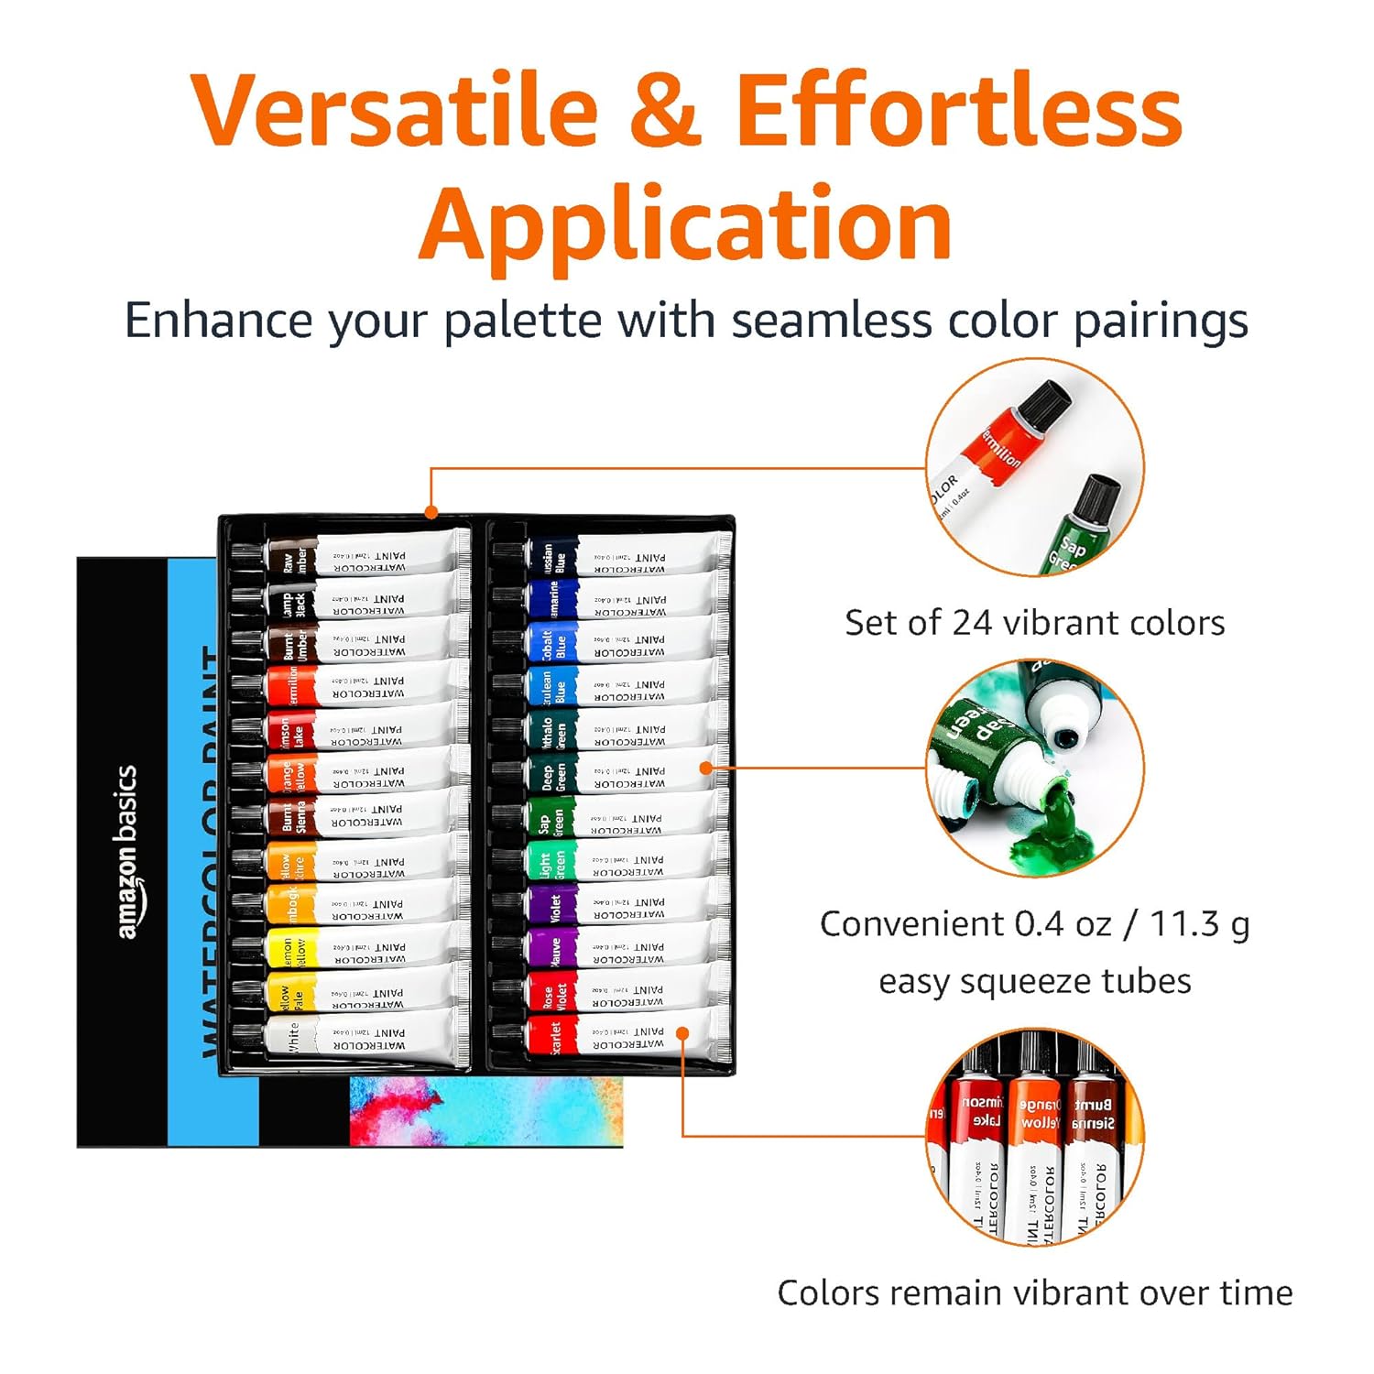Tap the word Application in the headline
[x=686, y=224]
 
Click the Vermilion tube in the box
[x=366, y=686]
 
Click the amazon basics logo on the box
[x=127, y=852]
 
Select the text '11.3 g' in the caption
[x=1199, y=925]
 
